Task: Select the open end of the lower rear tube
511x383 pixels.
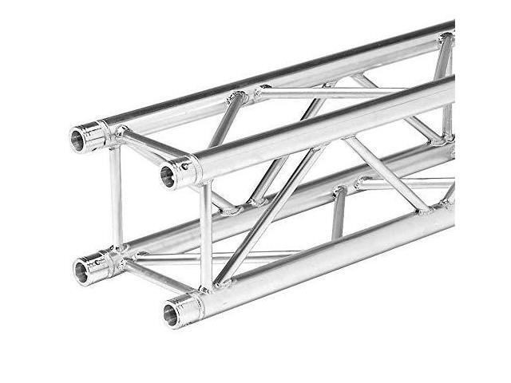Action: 81,271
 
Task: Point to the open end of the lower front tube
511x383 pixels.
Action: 171,314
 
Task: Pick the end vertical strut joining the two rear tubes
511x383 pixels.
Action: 116,195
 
